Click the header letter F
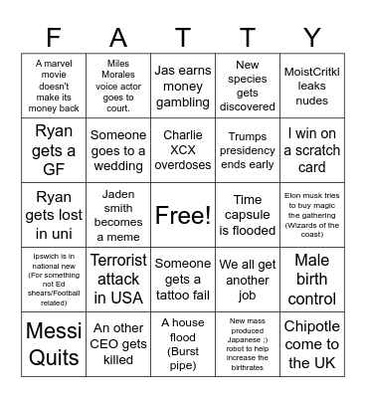coord(53,38)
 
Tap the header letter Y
coord(311,38)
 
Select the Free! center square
coord(182,214)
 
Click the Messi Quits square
coord(53,342)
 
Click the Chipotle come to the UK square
coord(311,342)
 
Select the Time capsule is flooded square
coord(247,214)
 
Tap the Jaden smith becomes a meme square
coord(117,214)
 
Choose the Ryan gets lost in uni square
coord(53,214)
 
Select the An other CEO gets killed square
coord(117,342)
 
